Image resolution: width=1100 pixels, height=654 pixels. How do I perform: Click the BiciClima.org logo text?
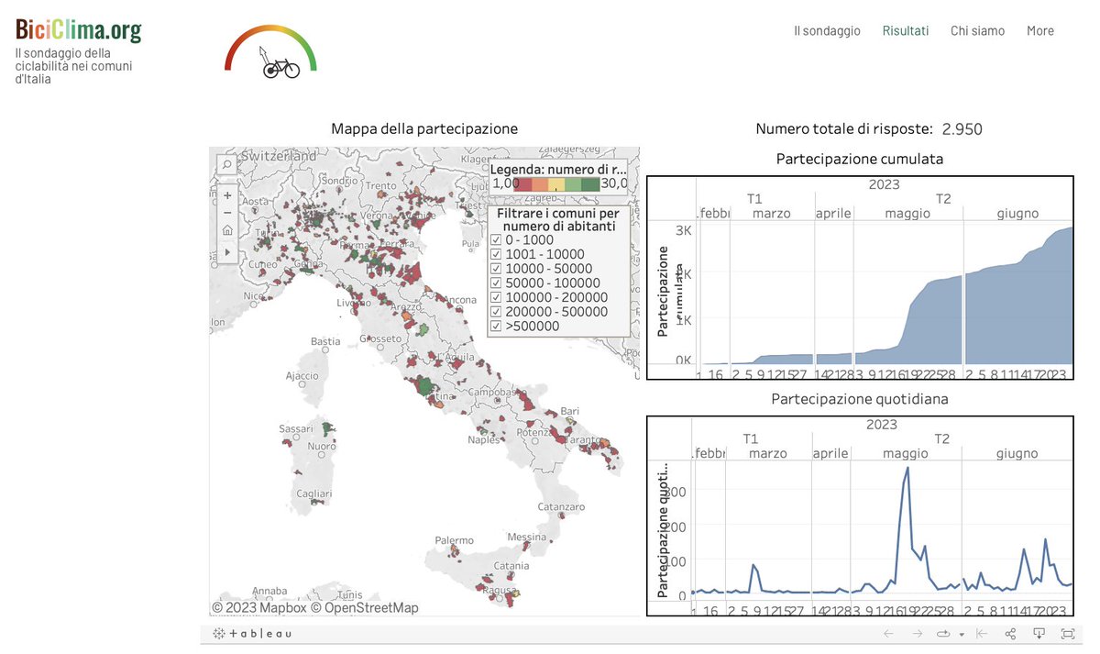[x=79, y=30]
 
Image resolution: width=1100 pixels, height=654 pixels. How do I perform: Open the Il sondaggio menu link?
[x=827, y=30]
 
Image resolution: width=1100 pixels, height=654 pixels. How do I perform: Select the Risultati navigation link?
[x=905, y=30]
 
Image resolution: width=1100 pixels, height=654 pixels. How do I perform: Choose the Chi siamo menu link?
[x=977, y=30]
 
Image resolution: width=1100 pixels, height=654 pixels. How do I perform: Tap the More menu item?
[x=1039, y=30]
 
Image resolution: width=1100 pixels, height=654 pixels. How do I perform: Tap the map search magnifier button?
[x=226, y=164]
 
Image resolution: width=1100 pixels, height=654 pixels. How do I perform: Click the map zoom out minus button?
[x=227, y=213]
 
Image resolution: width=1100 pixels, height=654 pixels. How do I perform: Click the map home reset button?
[x=227, y=230]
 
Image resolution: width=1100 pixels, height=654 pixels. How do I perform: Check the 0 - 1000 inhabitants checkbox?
[x=496, y=240]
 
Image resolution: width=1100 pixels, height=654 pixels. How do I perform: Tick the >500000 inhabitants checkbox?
[x=496, y=326]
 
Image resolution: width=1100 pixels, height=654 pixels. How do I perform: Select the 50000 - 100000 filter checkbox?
[x=496, y=283]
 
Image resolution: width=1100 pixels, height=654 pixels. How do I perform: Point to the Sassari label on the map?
[x=299, y=428]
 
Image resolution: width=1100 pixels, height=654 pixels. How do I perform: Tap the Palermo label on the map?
[x=454, y=540]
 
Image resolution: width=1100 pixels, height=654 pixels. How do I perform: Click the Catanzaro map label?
[x=561, y=506]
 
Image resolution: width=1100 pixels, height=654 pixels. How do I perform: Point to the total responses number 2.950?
[x=962, y=129]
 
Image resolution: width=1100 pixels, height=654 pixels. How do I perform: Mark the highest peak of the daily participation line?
[x=907, y=468]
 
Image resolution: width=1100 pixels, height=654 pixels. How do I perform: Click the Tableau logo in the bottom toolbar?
[x=253, y=634]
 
